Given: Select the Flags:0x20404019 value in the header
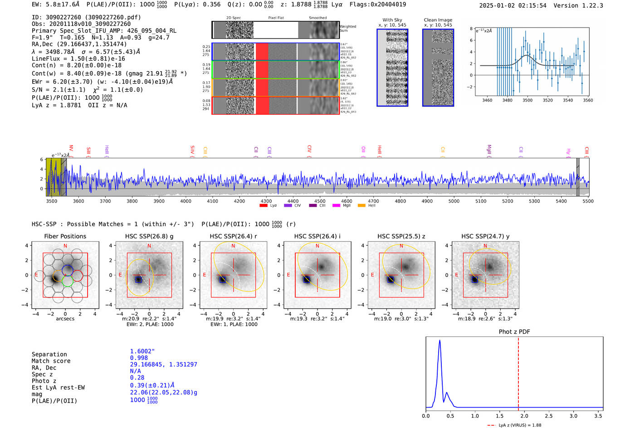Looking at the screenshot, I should (x=378, y=5).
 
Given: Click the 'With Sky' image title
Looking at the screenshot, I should (x=392, y=20).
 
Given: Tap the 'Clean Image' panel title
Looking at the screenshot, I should (x=438, y=20).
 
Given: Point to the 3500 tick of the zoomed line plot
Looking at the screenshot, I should (x=528, y=100).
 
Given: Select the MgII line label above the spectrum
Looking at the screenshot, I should (x=489, y=150).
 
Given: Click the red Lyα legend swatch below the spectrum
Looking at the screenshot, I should (x=264, y=206).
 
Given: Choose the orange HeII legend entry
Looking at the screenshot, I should (x=361, y=206).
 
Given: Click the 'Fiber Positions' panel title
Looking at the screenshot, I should (x=65, y=236).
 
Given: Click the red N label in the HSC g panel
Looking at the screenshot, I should (x=149, y=246).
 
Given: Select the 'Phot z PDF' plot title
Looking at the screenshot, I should (x=514, y=332).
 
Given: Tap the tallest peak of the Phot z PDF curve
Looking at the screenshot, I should (x=440, y=341).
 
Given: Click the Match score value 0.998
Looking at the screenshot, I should (x=138, y=358).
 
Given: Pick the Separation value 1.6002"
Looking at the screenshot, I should (x=142, y=351).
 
